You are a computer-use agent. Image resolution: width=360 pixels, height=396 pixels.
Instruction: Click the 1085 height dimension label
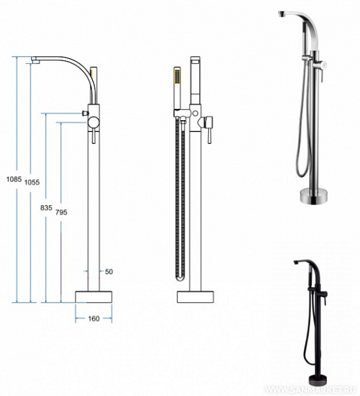pyautogui.click(x=14, y=180)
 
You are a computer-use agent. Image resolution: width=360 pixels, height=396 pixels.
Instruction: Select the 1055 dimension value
pyautogui.click(x=32, y=182)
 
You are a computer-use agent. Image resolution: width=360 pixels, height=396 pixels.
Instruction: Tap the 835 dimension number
pyautogui.click(x=46, y=208)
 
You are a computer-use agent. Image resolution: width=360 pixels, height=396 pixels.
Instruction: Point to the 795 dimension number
pyautogui.click(x=61, y=213)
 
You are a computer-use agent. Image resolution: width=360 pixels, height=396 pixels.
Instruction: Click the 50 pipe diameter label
pyautogui.click(x=109, y=272)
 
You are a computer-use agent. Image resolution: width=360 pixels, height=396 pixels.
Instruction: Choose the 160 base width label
pyautogui.click(x=94, y=319)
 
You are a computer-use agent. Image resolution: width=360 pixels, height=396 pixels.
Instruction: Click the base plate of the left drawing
pyautogui.click(x=94, y=297)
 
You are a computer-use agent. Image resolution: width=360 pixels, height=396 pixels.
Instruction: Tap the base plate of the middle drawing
pyautogui.click(x=195, y=297)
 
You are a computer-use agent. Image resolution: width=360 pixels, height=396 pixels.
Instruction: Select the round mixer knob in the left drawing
pyautogui.click(x=94, y=123)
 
